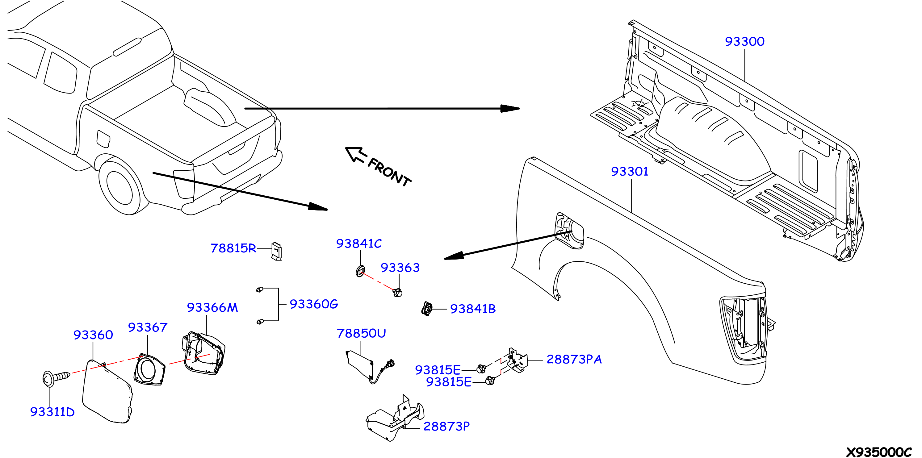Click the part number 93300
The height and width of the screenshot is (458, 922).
click(744, 41)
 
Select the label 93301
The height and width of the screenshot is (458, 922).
click(630, 171)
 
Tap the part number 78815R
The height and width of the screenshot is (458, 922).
click(233, 248)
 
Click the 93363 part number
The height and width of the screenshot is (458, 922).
click(400, 267)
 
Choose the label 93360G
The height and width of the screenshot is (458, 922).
click(313, 304)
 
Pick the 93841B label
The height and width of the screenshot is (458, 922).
click(473, 309)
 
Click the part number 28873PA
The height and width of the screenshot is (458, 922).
click(574, 359)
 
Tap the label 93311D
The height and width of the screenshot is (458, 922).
click(52, 412)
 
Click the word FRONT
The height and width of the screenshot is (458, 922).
click(389, 173)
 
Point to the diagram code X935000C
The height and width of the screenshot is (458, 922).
click(879, 452)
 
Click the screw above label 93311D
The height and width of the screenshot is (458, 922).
click(56, 379)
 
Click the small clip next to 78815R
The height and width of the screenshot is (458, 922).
click(277, 251)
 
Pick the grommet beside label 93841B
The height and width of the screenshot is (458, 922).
click(427, 309)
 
